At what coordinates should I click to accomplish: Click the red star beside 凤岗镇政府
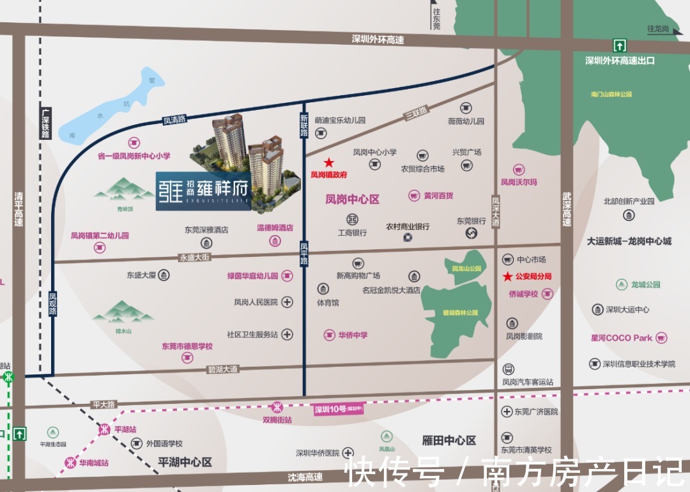(328, 163)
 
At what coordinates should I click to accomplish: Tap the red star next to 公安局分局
(507, 277)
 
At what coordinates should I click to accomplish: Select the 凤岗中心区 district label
(353, 199)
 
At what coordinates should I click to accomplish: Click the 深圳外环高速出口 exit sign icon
(619, 45)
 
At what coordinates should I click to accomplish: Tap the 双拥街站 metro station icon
(277, 407)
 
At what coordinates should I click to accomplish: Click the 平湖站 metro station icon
(104, 429)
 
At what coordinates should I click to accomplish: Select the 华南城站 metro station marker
(70, 463)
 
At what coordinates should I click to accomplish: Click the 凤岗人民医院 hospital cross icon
(287, 302)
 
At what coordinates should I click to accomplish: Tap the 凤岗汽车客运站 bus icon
(509, 369)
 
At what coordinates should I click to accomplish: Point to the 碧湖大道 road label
(222, 369)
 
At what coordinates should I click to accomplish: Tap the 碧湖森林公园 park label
(461, 313)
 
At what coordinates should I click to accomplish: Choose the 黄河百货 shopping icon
(414, 195)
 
